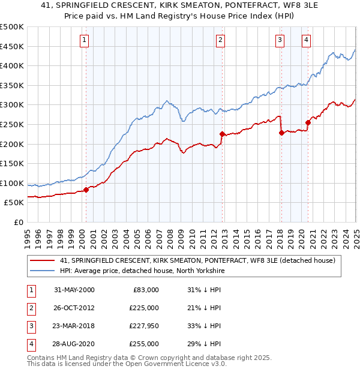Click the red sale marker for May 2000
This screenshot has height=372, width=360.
click(x=86, y=190)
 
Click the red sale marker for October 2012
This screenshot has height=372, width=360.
click(x=222, y=134)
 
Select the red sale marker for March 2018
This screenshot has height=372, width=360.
click(x=281, y=133)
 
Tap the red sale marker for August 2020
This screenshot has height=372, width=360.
click(x=308, y=122)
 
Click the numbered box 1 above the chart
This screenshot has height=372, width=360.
click(x=84, y=40)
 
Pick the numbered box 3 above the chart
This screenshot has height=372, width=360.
click(x=280, y=40)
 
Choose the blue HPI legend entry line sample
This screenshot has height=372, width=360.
click(x=43, y=271)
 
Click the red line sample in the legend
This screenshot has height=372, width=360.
click(x=43, y=260)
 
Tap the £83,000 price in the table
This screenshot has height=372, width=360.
click(x=145, y=290)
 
